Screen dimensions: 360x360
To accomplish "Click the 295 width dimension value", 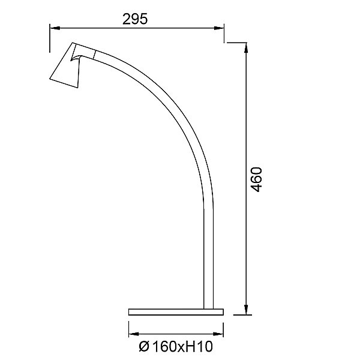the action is click(135, 19).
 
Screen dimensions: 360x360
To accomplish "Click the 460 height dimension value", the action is click(256, 179).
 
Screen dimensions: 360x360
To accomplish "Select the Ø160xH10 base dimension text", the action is click(176, 346).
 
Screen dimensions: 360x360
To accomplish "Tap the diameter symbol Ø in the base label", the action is click(144, 347).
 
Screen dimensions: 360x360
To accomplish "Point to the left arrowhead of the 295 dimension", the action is click(55, 28).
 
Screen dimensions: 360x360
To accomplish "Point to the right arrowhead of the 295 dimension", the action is click(218, 28).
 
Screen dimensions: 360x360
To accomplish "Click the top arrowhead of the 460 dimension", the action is click(246, 48).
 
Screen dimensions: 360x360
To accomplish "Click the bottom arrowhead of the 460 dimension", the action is click(246, 310).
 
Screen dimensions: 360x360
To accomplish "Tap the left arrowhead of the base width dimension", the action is click(134, 334).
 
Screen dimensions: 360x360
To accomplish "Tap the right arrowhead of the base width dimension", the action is click(218, 334).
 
